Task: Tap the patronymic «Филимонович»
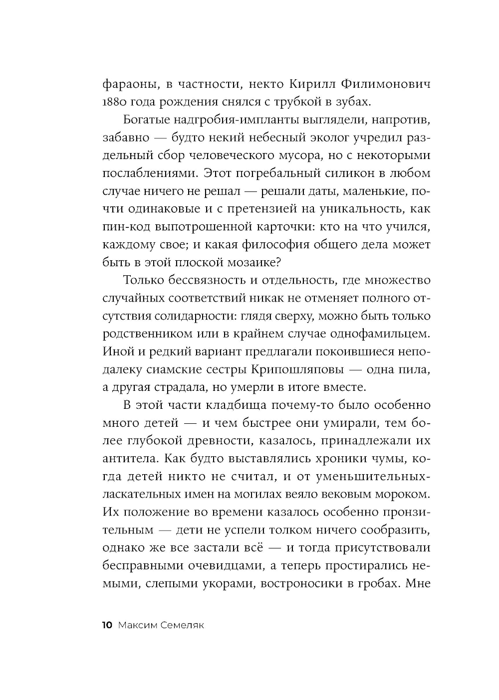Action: [386, 83]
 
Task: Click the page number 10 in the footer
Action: [108, 626]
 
